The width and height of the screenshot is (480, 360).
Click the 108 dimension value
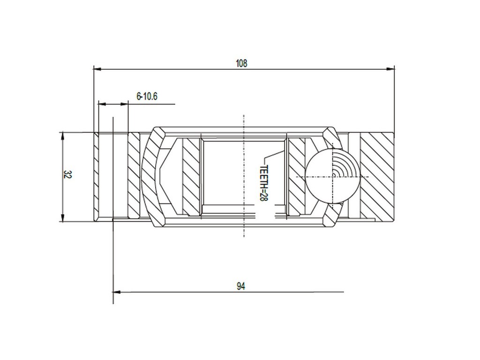tap(241, 63)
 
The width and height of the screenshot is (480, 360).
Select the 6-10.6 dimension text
tap(147, 97)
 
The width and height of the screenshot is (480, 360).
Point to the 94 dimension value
tap(241, 286)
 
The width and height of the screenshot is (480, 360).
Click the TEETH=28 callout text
tap(263, 183)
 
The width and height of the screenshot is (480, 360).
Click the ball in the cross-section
tap(332, 177)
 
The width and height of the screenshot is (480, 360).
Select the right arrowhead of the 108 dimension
tap(390, 69)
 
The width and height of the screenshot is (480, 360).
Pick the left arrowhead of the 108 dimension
tap(97, 69)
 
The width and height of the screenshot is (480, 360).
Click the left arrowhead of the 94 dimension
tap(117, 292)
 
